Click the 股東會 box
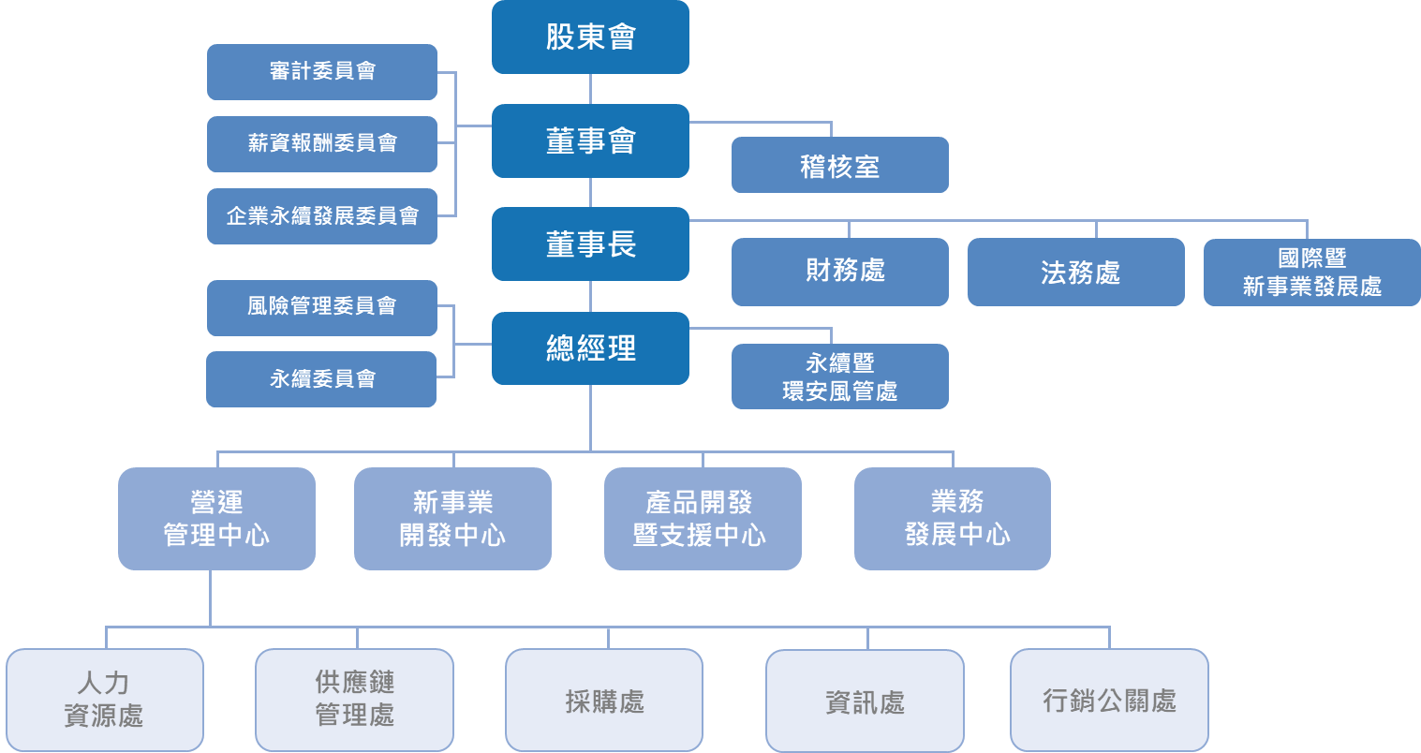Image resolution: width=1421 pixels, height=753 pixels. pyautogui.click(x=590, y=37)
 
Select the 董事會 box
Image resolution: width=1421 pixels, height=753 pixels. pyautogui.click(x=590, y=140)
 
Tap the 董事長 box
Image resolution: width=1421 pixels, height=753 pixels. pyautogui.click(x=590, y=244)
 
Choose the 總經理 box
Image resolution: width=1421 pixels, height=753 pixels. pyautogui.click(x=590, y=348)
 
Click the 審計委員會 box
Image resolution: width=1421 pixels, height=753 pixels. pyautogui.click(x=322, y=71)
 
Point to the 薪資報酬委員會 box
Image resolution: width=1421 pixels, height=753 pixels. pyautogui.click(x=322, y=143)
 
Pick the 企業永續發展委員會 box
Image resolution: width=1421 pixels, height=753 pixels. pyautogui.click(x=322, y=216)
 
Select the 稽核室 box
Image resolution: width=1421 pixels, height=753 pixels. pyautogui.click(x=839, y=166)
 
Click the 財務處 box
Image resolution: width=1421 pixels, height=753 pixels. pyautogui.click(x=839, y=272)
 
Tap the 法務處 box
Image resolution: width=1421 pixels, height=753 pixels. pyautogui.click(x=1075, y=272)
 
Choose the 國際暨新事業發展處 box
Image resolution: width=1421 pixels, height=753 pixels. pyautogui.click(x=1311, y=272)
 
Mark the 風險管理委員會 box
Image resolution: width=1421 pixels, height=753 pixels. pyautogui.click(x=322, y=307)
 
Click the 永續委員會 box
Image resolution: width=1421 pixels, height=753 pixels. pyautogui.click(x=321, y=379)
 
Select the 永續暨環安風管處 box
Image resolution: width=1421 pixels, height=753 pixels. pyautogui.click(x=839, y=376)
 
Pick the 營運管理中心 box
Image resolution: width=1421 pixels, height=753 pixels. pyautogui.click(x=216, y=518)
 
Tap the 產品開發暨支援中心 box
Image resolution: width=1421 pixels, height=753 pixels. pyautogui.click(x=703, y=518)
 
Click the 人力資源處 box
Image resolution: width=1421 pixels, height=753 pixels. pyautogui.click(x=105, y=700)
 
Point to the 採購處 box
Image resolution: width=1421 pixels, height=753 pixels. pyautogui.click(x=604, y=700)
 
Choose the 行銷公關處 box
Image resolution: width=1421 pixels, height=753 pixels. pyautogui.click(x=1109, y=700)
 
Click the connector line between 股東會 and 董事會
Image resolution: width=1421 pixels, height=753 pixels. pyautogui.click(x=590, y=89)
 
